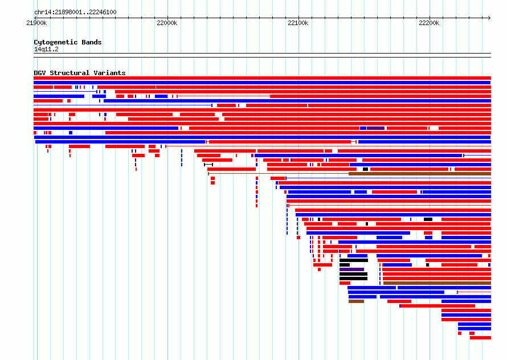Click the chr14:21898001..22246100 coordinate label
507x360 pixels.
(x=75, y=12)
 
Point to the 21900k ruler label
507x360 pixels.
(x=36, y=23)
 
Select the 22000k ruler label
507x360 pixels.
(x=167, y=23)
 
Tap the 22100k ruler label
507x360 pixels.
(x=298, y=23)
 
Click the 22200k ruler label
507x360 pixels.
(x=429, y=23)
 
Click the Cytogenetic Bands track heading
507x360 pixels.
(x=68, y=42)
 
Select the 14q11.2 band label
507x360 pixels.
(x=46, y=49)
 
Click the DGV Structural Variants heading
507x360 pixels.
(x=80, y=73)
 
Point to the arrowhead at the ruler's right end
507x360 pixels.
(x=489, y=18)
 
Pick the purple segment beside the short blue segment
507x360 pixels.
(x=375, y=128)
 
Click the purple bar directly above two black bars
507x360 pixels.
(x=352, y=269)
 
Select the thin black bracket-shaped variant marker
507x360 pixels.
(x=208, y=165)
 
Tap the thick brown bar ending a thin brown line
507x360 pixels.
(x=420, y=174)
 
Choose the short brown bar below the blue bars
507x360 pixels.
(x=356, y=301)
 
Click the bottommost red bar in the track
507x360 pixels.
(x=480, y=338)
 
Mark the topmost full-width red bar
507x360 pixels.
(x=262, y=78)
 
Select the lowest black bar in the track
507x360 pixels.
(x=353, y=279)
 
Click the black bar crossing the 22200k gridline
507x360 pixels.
(x=428, y=219)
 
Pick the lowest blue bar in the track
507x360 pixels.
(x=475, y=329)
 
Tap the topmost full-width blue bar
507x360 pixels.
(x=262, y=83)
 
